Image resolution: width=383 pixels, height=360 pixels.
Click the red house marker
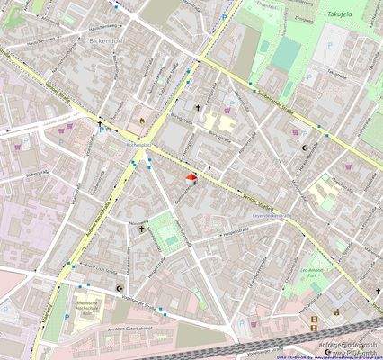191,180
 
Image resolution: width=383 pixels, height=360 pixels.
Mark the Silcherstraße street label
40,171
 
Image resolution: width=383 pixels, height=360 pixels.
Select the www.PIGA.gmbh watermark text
350,352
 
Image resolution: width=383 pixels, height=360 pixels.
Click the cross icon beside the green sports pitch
141,229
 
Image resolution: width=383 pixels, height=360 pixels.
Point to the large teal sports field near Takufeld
287,54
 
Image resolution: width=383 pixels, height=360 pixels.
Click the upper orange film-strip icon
314,319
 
